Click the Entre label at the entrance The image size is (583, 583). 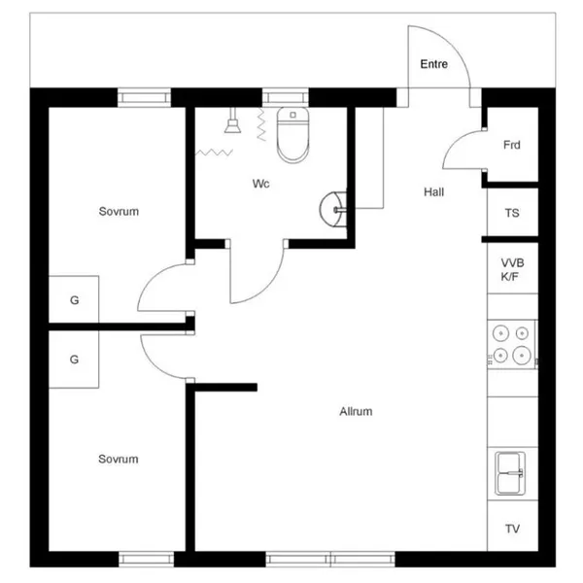tap(434, 64)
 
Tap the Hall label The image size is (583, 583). tap(434, 191)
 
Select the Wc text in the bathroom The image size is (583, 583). tap(260, 184)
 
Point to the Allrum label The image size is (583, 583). tap(356, 411)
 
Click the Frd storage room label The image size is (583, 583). tap(512, 145)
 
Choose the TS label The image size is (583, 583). tap(512, 213)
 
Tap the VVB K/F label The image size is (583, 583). tap(512, 269)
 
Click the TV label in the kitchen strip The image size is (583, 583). tap(512, 529)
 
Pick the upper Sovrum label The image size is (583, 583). tap(119, 211)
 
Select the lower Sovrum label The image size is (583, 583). tap(119, 459)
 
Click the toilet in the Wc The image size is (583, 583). tap(293, 135)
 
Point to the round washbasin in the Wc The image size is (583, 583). tap(333, 209)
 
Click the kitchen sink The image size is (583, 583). tap(510, 473)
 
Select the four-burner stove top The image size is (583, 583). tap(512, 344)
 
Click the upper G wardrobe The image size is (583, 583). tap(74, 299)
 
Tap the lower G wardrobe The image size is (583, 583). tap(74, 360)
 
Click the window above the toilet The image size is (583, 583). tap(286, 98)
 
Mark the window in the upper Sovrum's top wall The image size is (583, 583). tap(144, 98)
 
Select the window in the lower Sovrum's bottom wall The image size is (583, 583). tap(146, 560)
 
